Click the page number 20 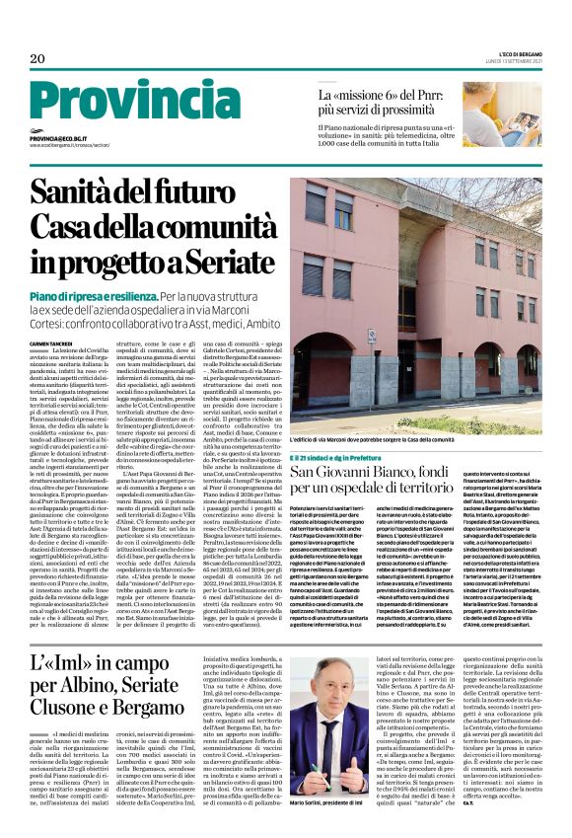[37, 60]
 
